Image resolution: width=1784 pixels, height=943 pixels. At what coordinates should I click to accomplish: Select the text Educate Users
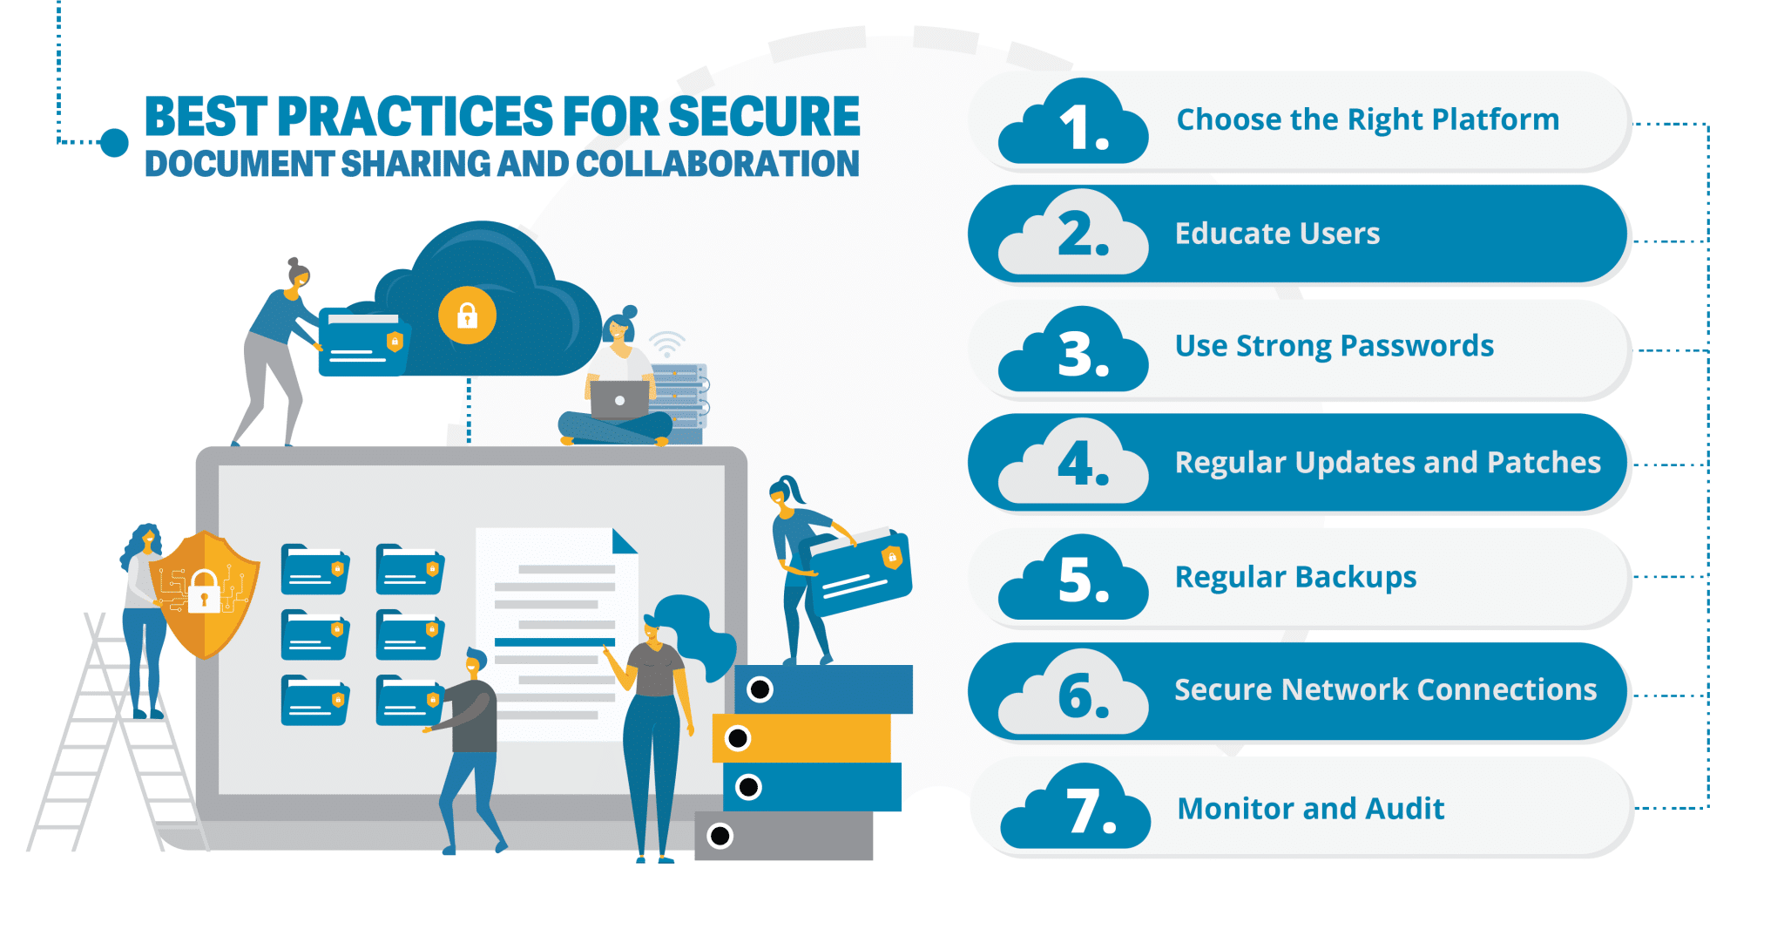pyautogui.click(x=1277, y=234)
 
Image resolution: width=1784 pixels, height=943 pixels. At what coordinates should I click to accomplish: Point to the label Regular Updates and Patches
pyautogui.click(x=1388, y=462)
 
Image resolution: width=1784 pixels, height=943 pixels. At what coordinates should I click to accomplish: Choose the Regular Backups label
pyautogui.click(x=1295, y=577)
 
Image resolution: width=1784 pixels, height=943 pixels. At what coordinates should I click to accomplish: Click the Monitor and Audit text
pyautogui.click(x=1310, y=809)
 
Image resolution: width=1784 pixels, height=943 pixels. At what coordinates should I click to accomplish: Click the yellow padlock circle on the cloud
pyautogui.click(x=467, y=315)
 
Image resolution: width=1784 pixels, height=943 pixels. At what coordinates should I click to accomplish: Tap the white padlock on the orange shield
pyautogui.click(x=204, y=592)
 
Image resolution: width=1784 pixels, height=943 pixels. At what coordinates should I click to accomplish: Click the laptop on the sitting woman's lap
pyautogui.click(x=619, y=400)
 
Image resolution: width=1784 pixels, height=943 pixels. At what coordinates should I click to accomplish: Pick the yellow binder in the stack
pyautogui.click(x=801, y=738)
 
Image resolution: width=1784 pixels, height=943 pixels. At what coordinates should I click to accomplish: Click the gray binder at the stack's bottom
pyautogui.click(x=784, y=836)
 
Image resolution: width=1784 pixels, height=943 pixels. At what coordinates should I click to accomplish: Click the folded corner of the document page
pyautogui.click(x=624, y=542)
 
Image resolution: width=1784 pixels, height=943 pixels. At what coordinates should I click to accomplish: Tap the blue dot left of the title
pyautogui.click(x=114, y=142)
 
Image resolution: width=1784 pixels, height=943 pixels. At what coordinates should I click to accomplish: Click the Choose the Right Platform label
pyautogui.click(x=1368, y=119)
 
